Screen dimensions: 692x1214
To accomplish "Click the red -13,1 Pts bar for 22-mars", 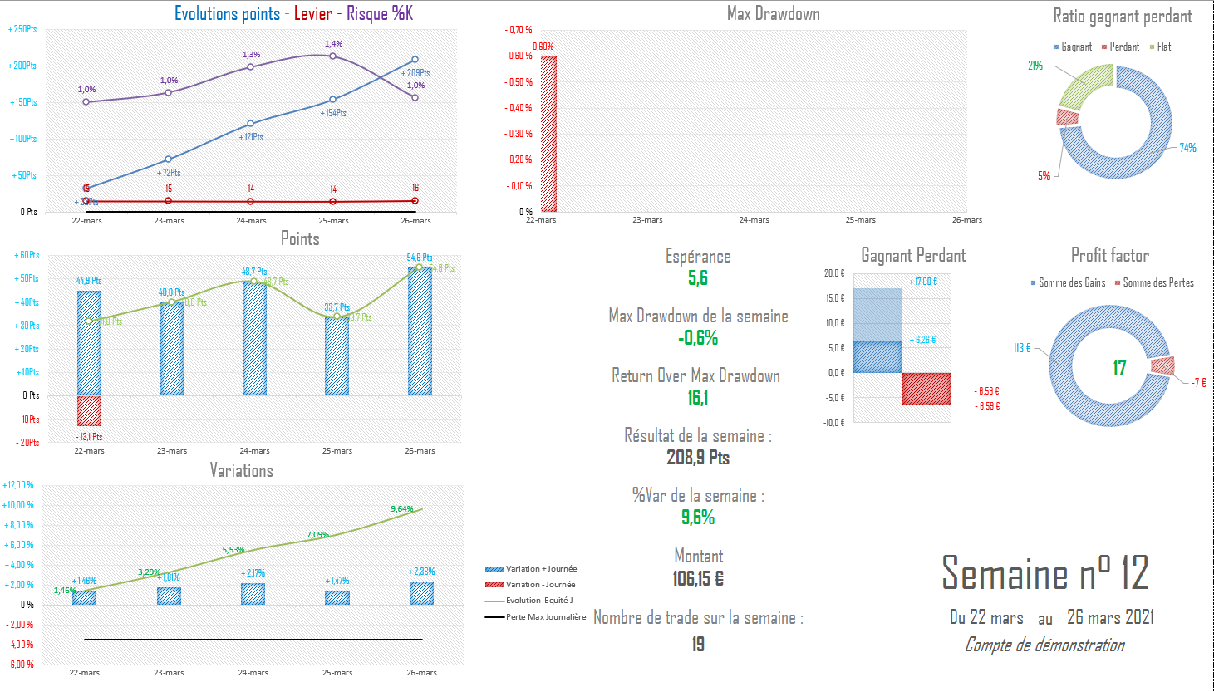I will coord(89,411).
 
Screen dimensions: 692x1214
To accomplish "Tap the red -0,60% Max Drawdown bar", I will coord(548,134).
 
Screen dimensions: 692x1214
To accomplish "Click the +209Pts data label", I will coord(415,73).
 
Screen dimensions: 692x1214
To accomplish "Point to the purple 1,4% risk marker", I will coord(333,56).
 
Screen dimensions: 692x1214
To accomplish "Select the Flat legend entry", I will coord(1160,47).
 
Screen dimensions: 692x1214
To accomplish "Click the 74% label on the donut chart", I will coord(1187,148).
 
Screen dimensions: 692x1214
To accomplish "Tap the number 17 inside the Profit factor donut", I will coord(1119,367).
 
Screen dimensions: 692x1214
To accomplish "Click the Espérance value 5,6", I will coord(698,278).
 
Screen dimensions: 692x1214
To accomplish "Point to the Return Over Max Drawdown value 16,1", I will coord(698,398).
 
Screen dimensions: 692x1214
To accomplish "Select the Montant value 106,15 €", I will coord(698,578).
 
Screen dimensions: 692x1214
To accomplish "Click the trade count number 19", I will coord(698,644).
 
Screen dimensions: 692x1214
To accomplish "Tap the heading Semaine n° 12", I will coord(1044,573).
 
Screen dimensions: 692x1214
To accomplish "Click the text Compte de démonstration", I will coord(1044,645).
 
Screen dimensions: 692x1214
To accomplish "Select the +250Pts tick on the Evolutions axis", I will coord(22,29).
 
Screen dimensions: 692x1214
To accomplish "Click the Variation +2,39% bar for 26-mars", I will coord(421,593).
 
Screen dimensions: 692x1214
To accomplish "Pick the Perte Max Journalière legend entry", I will coord(535,617).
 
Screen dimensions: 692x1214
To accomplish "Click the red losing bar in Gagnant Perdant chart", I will coord(926,389).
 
